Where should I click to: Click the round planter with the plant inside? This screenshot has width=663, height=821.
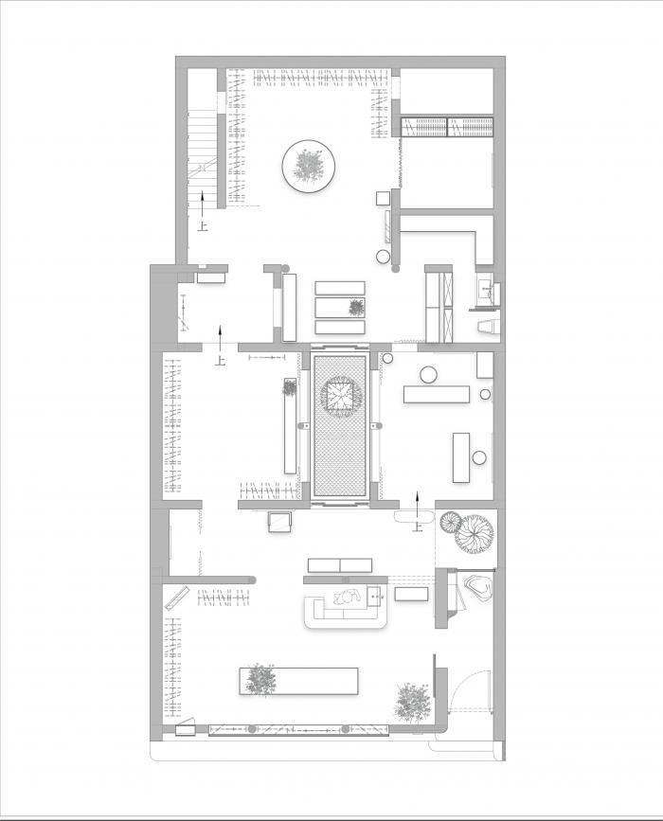coord(309,166)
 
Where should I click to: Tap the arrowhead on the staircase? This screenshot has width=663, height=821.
coord(202,195)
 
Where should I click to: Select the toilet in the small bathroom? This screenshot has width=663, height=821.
coord(488,326)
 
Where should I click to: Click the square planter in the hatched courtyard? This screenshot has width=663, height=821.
coord(339,397)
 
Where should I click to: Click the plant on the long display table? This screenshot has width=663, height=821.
coord(259,680)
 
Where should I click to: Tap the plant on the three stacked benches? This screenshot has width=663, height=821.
coord(356,308)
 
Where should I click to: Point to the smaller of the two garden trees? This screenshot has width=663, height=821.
coord(451,522)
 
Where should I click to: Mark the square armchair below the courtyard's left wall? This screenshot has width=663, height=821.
coord(279,522)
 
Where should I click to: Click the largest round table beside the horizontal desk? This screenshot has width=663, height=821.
coord(428,375)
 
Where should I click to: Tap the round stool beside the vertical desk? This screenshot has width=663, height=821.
coord(479,457)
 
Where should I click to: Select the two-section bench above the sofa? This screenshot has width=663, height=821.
coord(340,565)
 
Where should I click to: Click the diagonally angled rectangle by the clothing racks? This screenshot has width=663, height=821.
coord(177,598)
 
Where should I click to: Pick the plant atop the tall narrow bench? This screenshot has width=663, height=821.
coord(289,387)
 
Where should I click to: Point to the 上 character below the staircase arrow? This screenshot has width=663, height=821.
coord(203,226)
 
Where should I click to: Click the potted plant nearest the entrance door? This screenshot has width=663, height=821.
coord(413,701)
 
